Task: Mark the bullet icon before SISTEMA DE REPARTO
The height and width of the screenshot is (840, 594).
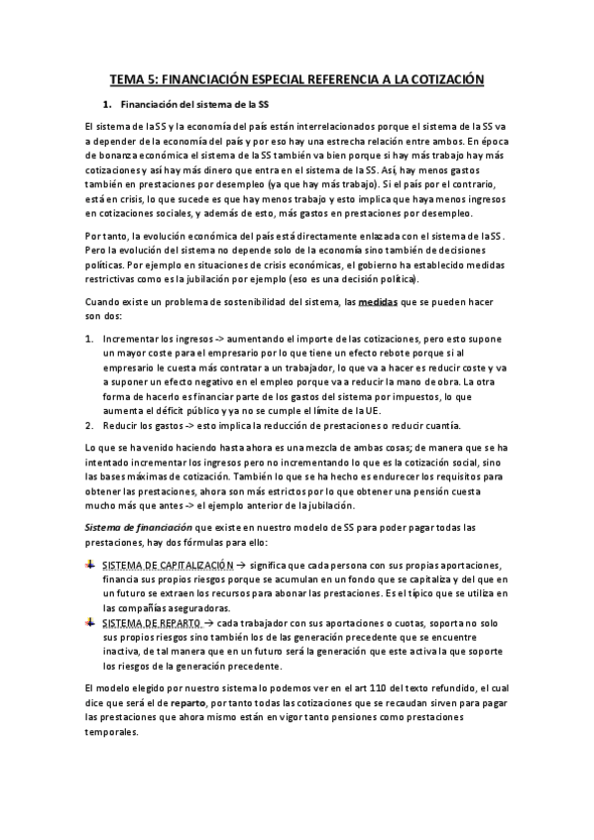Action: (x=91, y=622)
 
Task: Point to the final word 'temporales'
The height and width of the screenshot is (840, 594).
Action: (x=114, y=734)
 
